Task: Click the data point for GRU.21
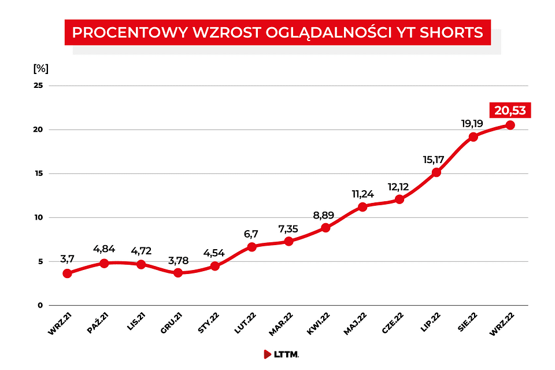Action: pyautogui.click(x=178, y=272)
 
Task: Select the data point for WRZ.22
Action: pyautogui.click(x=510, y=125)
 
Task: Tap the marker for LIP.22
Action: pyautogui.click(x=436, y=172)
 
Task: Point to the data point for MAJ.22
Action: pyautogui.click(x=362, y=207)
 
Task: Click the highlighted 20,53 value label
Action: pyautogui.click(x=510, y=110)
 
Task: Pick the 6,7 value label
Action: pyautogui.click(x=251, y=234)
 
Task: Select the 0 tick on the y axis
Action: pyautogui.click(x=40, y=305)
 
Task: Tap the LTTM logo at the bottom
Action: pyautogui.click(x=281, y=354)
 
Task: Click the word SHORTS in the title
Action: pyautogui.click(x=454, y=32)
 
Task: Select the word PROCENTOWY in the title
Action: pyautogui.click(x=118, y=32)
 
